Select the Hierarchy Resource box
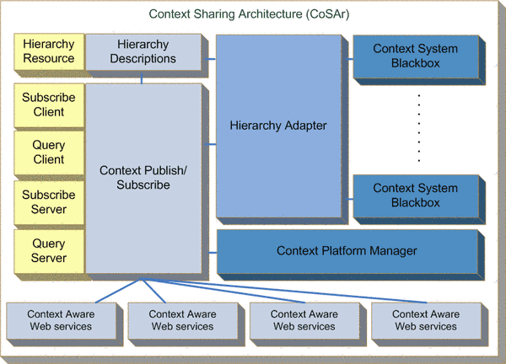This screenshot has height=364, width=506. [x=49, y=52]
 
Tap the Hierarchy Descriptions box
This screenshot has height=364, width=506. [x=143, y=52]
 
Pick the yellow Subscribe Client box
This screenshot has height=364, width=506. [x=49, y=104]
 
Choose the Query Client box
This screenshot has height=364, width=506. [x=49, y=153]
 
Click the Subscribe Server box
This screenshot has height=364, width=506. [x=49, y=201]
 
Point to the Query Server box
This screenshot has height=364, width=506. [x=49, y=251]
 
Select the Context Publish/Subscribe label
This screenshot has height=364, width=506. [x=143, y=178]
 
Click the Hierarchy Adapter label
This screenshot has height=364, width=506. [x=278, y=126]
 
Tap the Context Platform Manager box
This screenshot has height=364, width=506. [x=347, y=251]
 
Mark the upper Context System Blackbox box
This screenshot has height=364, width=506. [x=416, y=56]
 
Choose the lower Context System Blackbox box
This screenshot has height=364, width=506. [x=416, y=195]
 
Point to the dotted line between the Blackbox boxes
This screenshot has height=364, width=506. [x=419, y=126]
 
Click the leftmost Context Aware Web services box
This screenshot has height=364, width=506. [x=61, y=320]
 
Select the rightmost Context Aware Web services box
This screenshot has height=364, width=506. [x=426, y=320]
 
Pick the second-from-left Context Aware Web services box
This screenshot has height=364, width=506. [x=183, y=320]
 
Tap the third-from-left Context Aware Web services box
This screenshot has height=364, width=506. [x=304, y=320]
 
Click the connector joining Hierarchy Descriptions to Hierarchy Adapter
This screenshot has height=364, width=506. [x=209, y=58]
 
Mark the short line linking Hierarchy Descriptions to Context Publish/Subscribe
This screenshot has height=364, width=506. [x=143, y=78]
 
